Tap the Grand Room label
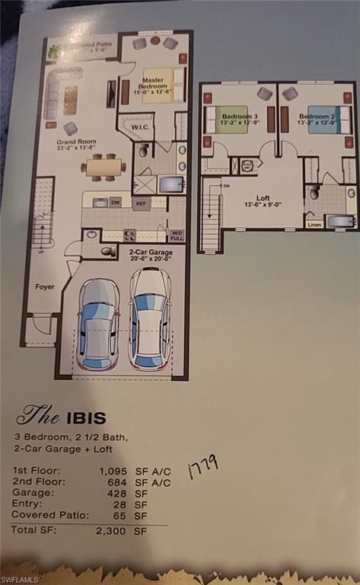click(75, 145)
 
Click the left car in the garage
click(99, 324)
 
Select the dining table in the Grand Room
click(104, 166)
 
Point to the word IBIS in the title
click(84, 417)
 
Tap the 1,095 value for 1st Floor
click(116, 471)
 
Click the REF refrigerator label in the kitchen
click(140, 204)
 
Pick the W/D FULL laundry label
click(176, 235)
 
